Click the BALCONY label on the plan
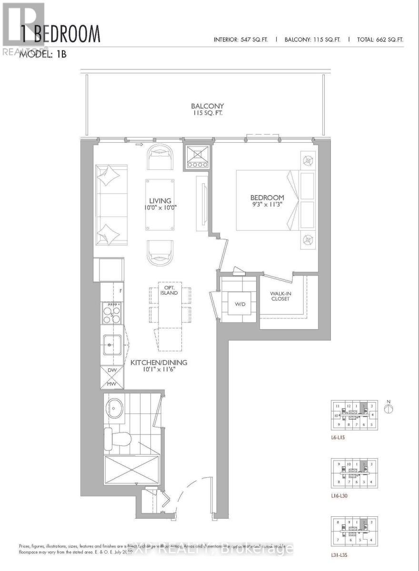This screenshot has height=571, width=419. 207,106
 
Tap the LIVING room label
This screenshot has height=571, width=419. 159,201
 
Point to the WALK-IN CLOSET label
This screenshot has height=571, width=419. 280,296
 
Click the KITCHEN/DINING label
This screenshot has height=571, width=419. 159,363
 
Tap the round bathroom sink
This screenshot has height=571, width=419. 114,408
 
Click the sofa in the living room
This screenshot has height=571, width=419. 110,205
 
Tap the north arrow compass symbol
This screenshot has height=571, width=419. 389,408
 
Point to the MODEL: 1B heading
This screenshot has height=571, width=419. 42,54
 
